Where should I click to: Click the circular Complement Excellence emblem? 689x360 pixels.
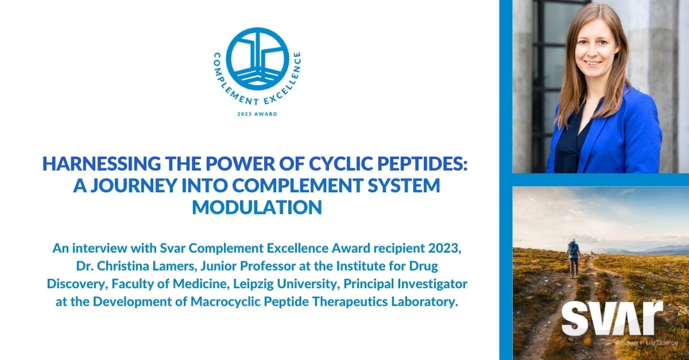tap(257, 58)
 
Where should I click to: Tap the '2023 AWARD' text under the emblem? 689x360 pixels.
tap(257, 114)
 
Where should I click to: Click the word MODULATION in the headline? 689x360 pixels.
tap(257, 207)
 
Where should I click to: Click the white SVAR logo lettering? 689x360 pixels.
tap(611, 319)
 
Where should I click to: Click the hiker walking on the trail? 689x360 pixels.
tap(572, 257)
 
